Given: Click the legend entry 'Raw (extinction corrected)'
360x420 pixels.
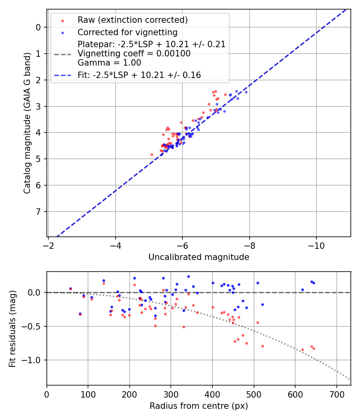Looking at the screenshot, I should coord(133,20).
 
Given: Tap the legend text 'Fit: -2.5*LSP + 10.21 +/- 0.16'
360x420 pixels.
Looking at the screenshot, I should coord(139,75).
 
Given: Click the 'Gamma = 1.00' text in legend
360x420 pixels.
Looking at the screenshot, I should coord(109,62).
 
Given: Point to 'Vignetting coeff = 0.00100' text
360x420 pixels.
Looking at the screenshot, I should coord(134,54).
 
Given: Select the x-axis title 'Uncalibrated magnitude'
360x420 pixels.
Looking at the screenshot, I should coord(199,257).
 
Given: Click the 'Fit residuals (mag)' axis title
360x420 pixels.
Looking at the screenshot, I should coord(12,329).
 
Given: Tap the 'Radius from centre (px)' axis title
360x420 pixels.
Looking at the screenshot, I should coord(199,406).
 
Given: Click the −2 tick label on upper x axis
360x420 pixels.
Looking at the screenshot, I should coord(48,244).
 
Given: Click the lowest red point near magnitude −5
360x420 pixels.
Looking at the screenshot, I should coord(152,154).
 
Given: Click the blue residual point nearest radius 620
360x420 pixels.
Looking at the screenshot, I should coord(302,290).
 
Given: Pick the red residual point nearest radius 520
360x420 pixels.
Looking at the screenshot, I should coord(262,346).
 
